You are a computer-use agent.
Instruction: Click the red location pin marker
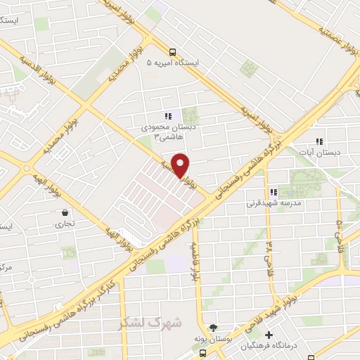pyautogui.click(x=181, y=164)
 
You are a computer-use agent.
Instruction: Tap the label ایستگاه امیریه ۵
pyautogui.click(x=173, y=63)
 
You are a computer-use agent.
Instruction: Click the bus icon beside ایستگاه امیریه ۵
pyautogui.click(x=173, y=51)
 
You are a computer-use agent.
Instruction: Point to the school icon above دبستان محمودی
pyautogui.click(x=167, y=116)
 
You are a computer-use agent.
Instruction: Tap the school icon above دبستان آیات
pyautogui.click(x=320, y=141)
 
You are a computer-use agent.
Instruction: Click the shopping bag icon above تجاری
pyautogui.click(x=65, y=212)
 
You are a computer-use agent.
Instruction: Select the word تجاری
pyautogui.click(x=65, y=225)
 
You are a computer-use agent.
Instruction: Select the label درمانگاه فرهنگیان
pyautogui.click(x=269, y=345)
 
